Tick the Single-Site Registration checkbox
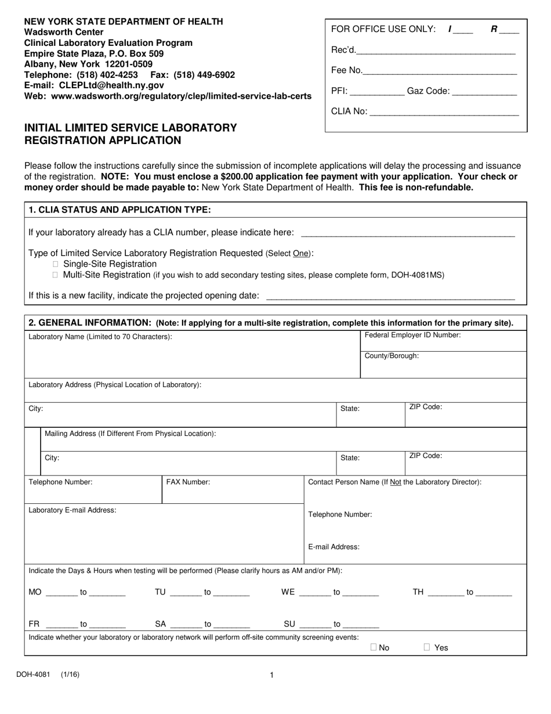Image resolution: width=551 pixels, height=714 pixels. click(56, 264)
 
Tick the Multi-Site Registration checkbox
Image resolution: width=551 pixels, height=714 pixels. click(56, 275)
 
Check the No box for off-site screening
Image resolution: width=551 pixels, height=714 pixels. click(374, 647)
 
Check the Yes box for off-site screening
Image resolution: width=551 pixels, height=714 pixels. click(427, 647)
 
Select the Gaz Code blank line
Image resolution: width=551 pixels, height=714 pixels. click(484, 92)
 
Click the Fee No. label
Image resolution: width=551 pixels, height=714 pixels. click(346, 71)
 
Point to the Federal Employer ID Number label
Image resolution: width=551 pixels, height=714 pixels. click(412, 335)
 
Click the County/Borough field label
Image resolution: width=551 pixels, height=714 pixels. click(391, 356)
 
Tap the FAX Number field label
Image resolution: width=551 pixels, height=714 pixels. click(188, 482)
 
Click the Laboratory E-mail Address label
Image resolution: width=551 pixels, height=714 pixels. click(72, 510)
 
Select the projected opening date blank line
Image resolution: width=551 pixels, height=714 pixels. click(390, 297)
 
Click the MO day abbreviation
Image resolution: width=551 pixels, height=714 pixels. click(35, 593)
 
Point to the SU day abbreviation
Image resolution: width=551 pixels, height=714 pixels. click(289, 625)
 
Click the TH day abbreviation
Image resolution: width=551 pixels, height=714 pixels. click(418, 593)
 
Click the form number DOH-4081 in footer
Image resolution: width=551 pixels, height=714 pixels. click(33, 675)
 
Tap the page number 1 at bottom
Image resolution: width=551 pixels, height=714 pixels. click(271, 675)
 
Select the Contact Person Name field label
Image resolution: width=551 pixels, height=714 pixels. click(394, 482)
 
